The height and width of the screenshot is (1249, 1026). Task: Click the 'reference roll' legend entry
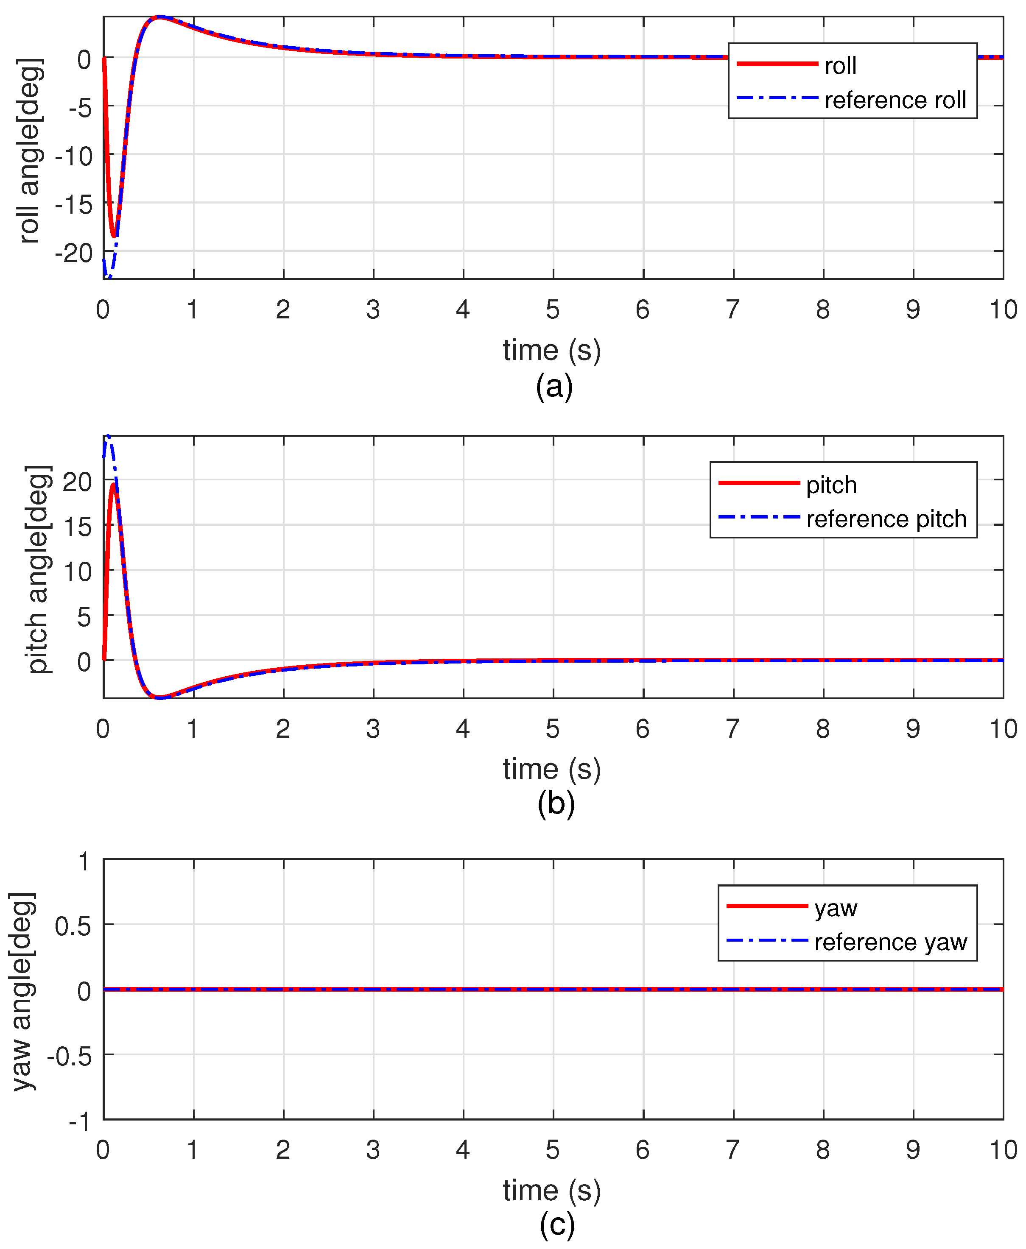click(895, 100)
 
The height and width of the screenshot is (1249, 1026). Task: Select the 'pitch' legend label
click(831, 485)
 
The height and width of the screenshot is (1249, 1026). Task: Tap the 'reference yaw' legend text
click(890, 942)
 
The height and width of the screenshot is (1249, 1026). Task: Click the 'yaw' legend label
click(835, 908)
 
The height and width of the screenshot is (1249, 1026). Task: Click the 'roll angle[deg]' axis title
click(30, 151)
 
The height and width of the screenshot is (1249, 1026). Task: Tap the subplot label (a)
click(554, 387)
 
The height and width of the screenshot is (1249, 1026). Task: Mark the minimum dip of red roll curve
click(114, 236)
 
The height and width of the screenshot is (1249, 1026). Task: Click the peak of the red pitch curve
click(113, 485)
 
